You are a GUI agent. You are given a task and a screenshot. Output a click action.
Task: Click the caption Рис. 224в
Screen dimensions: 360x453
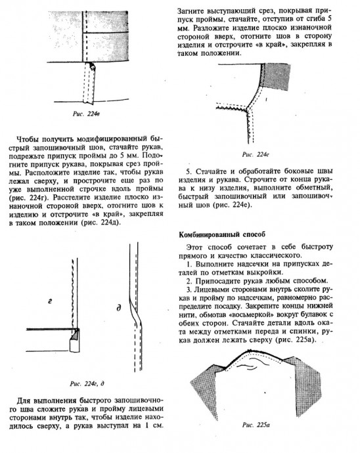[x=86, y=114]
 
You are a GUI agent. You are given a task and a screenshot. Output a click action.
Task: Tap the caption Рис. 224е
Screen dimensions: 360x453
[x=256, y=154]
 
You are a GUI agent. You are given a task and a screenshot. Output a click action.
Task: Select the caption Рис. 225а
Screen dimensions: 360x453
[x=256, y=425]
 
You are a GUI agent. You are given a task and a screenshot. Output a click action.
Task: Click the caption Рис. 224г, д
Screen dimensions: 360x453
[x=87, y=383]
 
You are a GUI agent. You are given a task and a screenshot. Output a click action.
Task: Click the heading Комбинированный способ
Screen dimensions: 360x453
[x=222, y=234]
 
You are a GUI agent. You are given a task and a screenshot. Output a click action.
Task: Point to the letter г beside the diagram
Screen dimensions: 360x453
[x=50, y=301]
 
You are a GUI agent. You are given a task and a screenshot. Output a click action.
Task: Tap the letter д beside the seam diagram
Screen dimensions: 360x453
[x=118, y=309]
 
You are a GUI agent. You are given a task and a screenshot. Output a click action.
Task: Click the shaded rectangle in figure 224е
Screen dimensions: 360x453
[x=276, y=77]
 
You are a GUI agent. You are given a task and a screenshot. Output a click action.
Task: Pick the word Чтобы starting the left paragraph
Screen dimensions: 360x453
[x=28, y=139]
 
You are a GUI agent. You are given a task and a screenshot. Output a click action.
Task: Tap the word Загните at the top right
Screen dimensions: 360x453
[x=191, y=11]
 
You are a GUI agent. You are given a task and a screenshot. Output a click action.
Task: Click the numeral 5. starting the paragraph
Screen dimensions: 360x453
[x=189, y=171]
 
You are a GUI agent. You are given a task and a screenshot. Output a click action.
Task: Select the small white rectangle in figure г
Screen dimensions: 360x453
[x=74, y=345]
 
